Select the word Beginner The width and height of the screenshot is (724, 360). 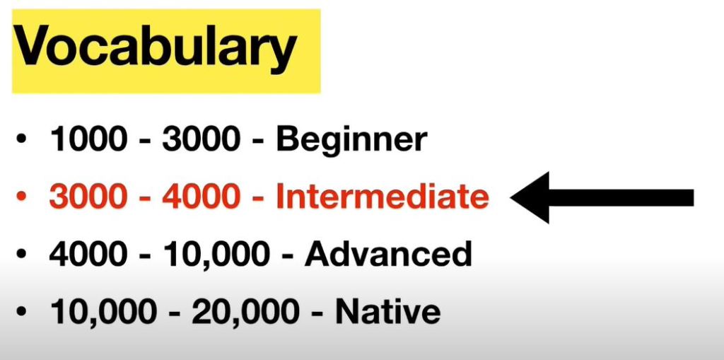352,139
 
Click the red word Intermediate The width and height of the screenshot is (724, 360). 383,196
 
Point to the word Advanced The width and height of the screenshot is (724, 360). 388,254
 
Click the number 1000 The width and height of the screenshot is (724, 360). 88,139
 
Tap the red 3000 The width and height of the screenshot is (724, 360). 88,197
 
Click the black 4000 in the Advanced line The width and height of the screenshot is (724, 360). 88,254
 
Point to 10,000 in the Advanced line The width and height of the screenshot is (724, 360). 216,255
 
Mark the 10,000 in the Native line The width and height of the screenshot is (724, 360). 103,312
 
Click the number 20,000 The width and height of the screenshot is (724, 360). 245,312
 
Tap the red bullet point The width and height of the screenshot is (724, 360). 21,197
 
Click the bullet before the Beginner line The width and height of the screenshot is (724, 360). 21,139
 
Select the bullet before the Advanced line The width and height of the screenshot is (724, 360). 21,254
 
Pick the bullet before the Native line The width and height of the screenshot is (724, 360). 21,311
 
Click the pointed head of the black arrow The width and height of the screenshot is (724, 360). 511,197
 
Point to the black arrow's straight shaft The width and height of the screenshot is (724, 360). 621,197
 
